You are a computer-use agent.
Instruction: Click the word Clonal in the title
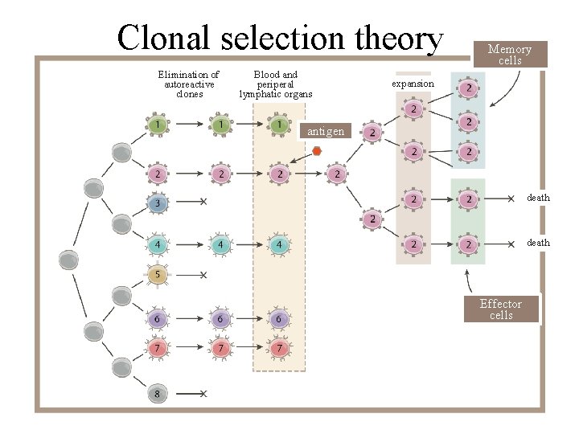point(165,38)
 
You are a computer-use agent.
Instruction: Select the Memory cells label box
point(510,55)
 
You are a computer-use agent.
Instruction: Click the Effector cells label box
point(500,309)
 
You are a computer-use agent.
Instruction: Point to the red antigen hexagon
point(317,151)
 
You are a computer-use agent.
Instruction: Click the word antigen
point(326,131)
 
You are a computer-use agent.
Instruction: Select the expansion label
point(413,84)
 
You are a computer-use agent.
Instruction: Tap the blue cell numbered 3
point(158,205)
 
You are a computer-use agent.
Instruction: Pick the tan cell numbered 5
point(158,275)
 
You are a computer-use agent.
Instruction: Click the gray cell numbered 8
point(158,394)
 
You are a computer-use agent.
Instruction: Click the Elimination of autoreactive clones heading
point(189,84)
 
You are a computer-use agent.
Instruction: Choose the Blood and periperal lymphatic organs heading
point(276,84)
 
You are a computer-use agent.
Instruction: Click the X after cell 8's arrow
point(203,394)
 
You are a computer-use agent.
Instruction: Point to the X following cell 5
point(203,275)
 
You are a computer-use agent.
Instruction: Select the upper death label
point(538,198)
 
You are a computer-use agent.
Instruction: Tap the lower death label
point(538,243)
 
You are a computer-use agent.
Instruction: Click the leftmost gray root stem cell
point(69,260)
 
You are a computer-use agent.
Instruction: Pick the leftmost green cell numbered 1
point(158,125)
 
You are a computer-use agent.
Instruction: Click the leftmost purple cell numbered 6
point(158,319)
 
